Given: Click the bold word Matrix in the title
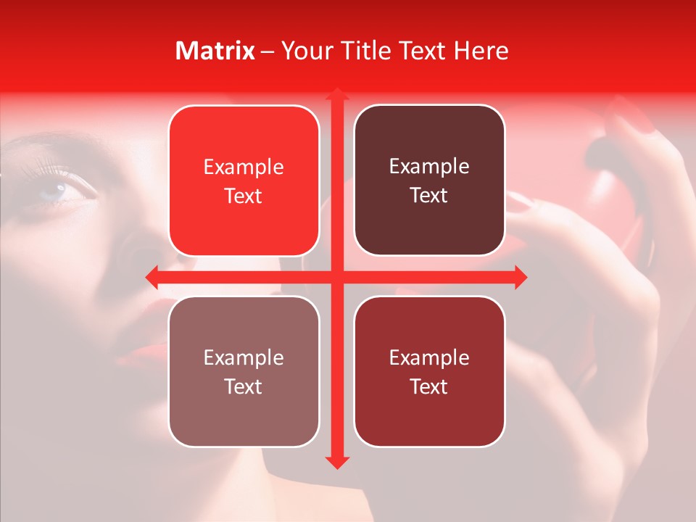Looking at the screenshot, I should (x=215, y=51).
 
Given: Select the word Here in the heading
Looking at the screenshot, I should (x=481, y=51).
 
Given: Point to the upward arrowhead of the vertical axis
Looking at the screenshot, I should (x=336, y=94).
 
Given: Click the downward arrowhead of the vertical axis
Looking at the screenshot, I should (x=336, y=462).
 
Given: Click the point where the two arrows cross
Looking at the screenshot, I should (x=336, y=277).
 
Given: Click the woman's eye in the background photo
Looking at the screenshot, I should (x=61, y=190).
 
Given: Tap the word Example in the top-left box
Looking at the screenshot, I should (x=244, y=167).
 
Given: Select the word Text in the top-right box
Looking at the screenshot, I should (x=429, y=196).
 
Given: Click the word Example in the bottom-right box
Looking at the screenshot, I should (x=429, y=357).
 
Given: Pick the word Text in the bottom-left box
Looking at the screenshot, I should (x=244, y=386).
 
